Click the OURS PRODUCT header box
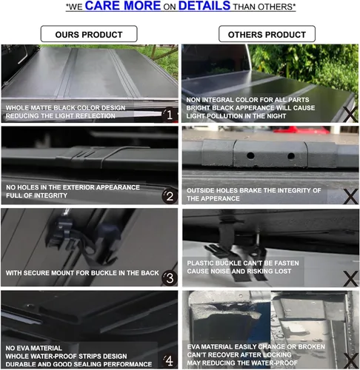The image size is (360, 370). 89,34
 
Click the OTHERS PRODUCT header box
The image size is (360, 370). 267,34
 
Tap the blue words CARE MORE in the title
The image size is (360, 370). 123,6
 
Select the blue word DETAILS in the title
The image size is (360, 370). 204,6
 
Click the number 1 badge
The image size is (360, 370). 170,115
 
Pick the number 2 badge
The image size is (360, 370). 170,197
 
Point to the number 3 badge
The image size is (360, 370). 170,278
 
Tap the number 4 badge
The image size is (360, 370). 170,361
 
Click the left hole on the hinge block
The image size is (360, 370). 250,155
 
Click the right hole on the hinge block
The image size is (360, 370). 291,156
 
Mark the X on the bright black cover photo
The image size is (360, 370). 350,114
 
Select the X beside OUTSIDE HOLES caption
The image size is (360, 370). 350,197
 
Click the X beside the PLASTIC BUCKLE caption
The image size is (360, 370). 350,278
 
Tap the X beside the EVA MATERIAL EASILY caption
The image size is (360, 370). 350,360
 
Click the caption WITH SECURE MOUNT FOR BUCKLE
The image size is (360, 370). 82,273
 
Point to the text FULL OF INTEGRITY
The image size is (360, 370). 36,195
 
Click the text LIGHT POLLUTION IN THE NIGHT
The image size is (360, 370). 236,116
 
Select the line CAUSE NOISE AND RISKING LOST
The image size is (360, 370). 239,272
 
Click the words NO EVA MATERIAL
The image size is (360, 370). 33,348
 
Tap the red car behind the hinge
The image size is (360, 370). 301,130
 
